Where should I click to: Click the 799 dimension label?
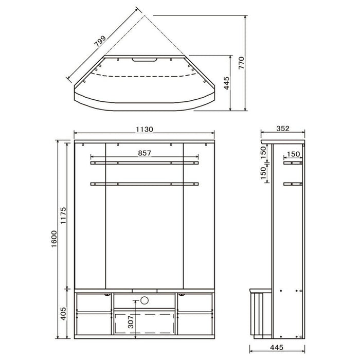(101, 41)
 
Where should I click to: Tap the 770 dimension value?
(241, 63)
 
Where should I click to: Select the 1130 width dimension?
(144, 130)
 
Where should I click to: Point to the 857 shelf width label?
(145, 153)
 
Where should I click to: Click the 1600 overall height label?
(53, 239)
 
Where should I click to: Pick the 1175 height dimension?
(63, 215)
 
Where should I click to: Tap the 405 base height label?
(63, 313)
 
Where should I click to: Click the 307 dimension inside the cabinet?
(131, 321)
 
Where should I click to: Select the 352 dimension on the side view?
(283, 129)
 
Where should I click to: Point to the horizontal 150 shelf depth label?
(293, 154)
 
